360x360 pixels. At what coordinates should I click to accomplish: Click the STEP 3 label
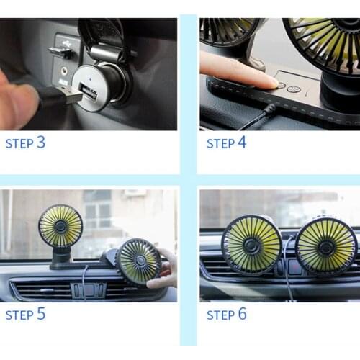click(x=25, y=143)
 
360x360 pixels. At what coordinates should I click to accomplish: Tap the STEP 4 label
click(x=226, y=143)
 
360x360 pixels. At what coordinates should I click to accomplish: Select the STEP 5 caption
click(x=25, y=315)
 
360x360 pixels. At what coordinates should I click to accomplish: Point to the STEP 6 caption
click(x=226, y=315)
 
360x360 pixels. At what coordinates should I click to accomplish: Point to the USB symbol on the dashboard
click(x=60, y=52)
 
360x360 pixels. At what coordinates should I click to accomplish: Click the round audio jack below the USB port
click(x=63, y=71)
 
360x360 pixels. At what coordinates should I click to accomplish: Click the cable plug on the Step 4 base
click(x=268, y=110)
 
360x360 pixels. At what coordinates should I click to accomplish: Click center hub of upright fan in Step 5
click(x=60, y=226)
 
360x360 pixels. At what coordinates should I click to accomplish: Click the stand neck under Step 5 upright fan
click(x=62, y=254)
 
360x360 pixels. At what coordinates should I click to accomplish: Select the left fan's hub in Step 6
click(x=251, y=245)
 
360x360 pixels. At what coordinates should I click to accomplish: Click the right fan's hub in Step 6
click(x=325, y=246)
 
